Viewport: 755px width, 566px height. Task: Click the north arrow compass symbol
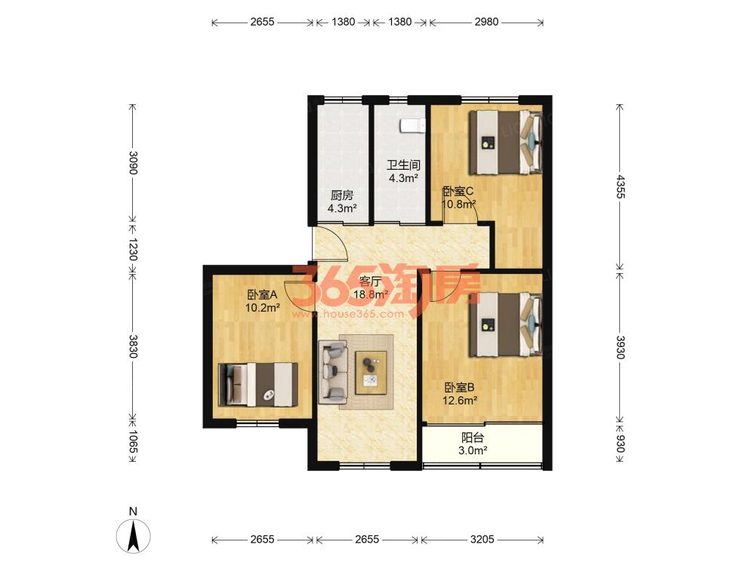[134, 535]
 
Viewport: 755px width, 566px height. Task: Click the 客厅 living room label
[369, 281]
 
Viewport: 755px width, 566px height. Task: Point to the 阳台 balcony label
[473, 438]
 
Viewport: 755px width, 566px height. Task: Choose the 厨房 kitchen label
[342, 195]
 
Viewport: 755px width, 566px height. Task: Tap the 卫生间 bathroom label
[403, 165]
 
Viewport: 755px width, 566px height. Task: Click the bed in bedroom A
[258, 384]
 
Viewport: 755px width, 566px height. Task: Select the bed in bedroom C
[506, 142]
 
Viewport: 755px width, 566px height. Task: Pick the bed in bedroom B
[506, 325]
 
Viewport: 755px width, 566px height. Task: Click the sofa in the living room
[333, 371]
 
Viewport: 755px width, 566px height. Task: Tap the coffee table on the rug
[371, 373]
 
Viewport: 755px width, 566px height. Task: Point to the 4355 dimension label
[620, 186]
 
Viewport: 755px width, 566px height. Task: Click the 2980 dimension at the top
[486, 22]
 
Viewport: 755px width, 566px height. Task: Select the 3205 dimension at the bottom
[482, 539]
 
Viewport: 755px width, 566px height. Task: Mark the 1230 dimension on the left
[133, 249]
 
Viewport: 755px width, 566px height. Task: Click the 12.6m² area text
[461, 400]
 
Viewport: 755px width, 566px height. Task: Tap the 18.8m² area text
[371, 294]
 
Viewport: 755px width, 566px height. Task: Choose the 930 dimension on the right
[620, 444]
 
